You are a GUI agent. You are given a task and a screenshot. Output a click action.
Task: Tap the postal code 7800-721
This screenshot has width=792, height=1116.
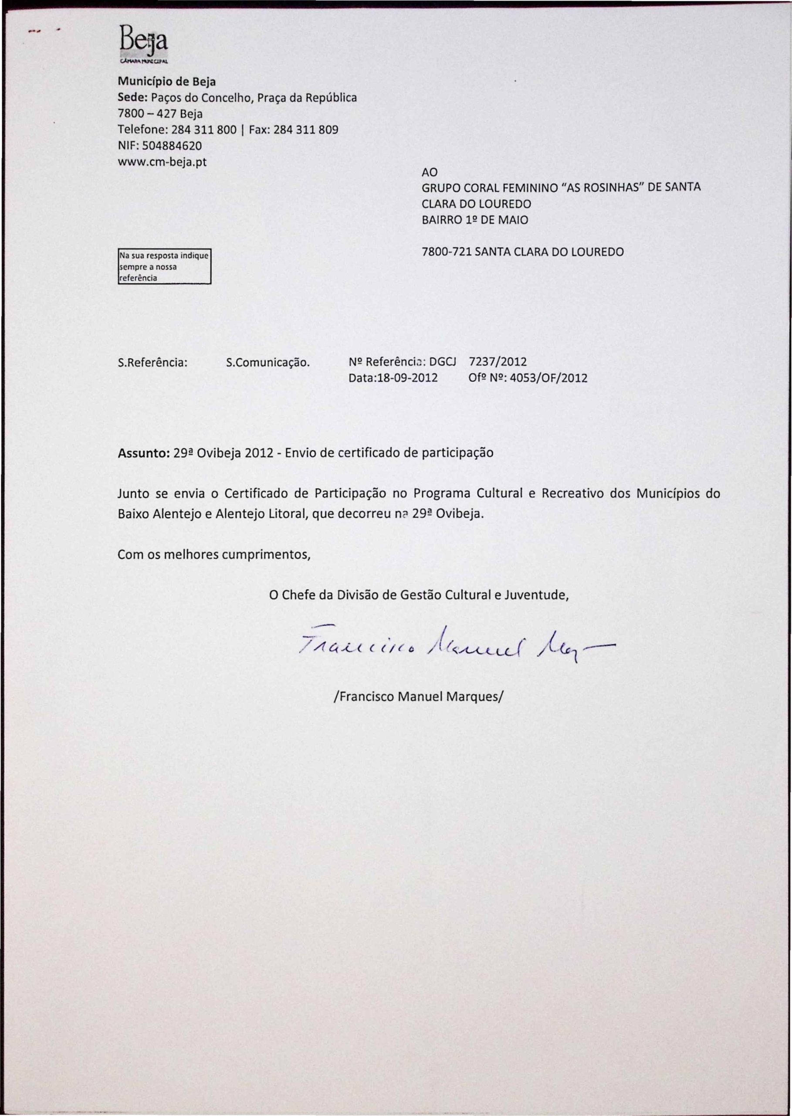(446, 252)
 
